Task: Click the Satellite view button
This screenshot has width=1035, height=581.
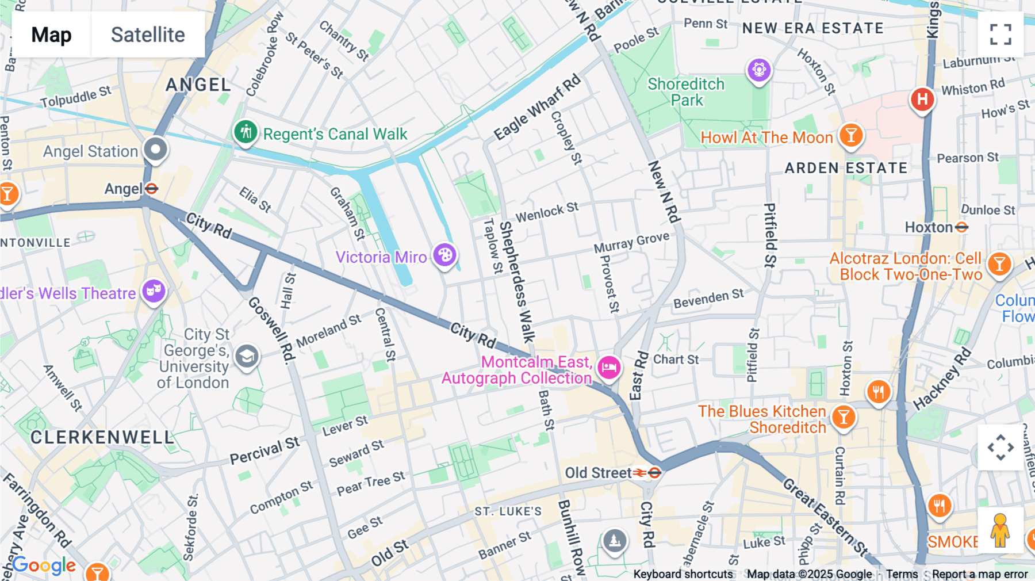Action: point(148,35)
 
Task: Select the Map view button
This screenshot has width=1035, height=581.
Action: point(52,35)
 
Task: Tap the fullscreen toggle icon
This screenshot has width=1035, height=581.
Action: point(1000,35)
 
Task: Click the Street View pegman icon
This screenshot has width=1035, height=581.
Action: point(1000,530)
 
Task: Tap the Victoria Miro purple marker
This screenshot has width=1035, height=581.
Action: point(445,255)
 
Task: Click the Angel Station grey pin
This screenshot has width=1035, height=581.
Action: point(155,150)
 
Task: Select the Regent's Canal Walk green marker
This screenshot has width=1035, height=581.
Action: point(246,132)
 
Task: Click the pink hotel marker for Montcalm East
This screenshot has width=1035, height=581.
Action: point(609,366)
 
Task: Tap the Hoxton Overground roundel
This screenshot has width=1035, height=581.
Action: point(961,228)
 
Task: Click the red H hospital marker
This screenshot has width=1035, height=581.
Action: point(922,99)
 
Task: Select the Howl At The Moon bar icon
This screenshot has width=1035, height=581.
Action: point(851,136)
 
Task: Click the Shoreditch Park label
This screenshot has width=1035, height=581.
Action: point(686,92)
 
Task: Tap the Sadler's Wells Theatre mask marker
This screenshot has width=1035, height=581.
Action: point(154,291)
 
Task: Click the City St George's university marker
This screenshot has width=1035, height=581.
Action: point(247,357)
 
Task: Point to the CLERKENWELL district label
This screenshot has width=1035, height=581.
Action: point(102,437)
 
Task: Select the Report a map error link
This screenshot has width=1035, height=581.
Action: point(980,574)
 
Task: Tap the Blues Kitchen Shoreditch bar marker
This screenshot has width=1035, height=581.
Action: point(844,417)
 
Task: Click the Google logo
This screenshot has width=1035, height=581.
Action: point(44,565)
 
